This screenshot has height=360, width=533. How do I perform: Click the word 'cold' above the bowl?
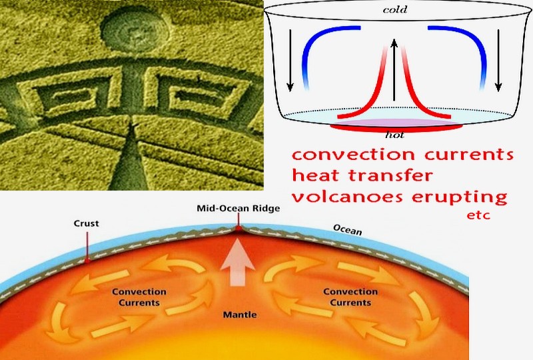[394, 9]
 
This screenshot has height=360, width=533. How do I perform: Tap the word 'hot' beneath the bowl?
[394, 135]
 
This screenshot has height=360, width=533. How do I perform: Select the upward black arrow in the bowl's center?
[394, 70]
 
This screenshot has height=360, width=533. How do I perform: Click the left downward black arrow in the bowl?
[290, 61]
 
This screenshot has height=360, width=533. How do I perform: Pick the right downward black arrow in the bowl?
[498, 61]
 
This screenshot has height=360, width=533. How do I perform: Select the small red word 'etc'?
[478, 215]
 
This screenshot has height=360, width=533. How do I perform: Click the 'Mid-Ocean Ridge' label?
[239, 208]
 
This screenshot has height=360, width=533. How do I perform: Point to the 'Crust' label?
[87, 223]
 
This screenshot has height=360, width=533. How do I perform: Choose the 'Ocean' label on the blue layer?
[347, 230]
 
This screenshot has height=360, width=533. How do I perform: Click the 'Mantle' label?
[240, 315]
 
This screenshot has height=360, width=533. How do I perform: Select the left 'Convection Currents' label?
[139, 297]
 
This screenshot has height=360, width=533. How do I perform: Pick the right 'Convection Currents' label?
[350, 297]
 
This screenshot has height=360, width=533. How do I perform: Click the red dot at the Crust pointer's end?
[87, 260]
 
